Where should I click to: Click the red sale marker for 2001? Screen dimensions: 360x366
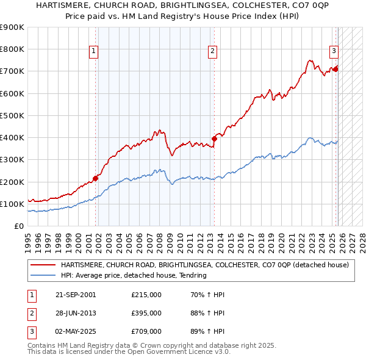coord(96,178)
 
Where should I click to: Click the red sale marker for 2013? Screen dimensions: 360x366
coord(214,139)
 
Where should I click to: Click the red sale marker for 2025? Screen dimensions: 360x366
coord(335,69)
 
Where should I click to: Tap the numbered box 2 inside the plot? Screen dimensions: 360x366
coord(212,52)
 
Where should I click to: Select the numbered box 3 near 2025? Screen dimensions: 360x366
coord(334,52)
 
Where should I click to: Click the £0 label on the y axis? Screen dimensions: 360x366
coord(20,226)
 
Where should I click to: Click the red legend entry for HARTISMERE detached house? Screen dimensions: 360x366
coord(204,265)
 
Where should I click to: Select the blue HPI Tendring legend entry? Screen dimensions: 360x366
coord(134,275)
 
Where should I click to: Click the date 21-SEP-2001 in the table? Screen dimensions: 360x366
coord(76,295)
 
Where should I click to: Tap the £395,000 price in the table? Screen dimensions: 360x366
coord(146,313)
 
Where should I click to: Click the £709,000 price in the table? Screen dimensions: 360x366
coord(146,331)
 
